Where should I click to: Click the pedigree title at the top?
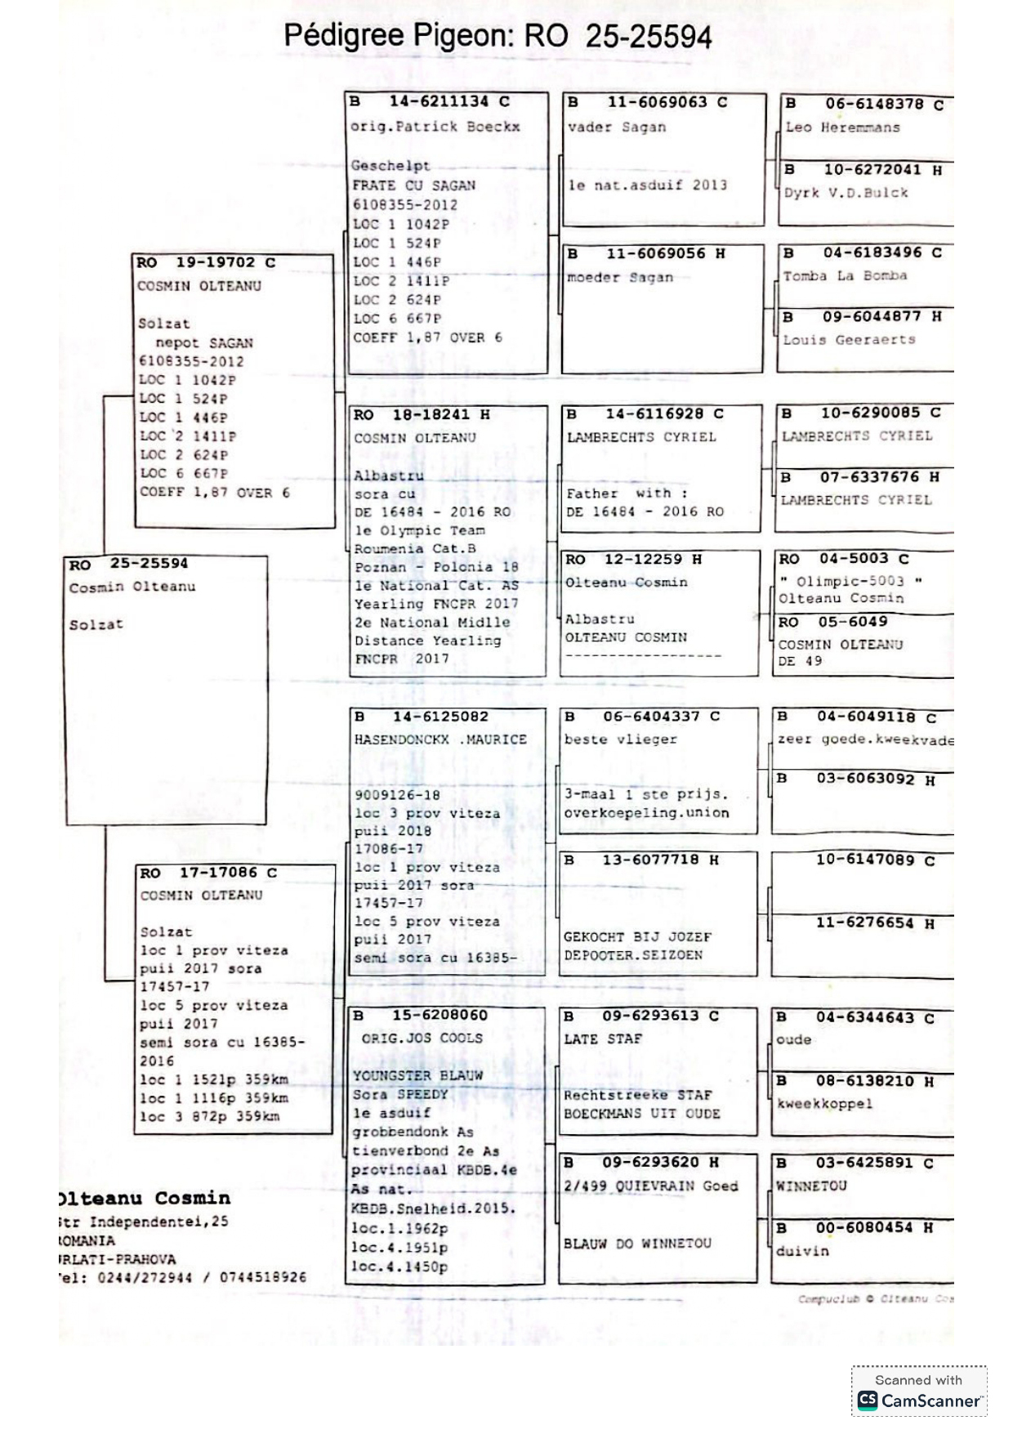(498, 37)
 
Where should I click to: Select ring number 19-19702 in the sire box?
(215, 263)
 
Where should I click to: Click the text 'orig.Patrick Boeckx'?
(435, 127)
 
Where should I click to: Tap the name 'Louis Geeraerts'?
(849, 340)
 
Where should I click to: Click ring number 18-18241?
(431, 415)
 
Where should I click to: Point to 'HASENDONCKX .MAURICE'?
(440, 739)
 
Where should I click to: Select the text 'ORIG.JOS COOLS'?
(422, 1039)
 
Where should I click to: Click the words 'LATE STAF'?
(603, 1039)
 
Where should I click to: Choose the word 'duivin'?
(802, 1251)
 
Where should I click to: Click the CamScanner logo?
(919, 1400)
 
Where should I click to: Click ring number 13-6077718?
(650, 860)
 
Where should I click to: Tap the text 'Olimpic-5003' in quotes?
(850, 581)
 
